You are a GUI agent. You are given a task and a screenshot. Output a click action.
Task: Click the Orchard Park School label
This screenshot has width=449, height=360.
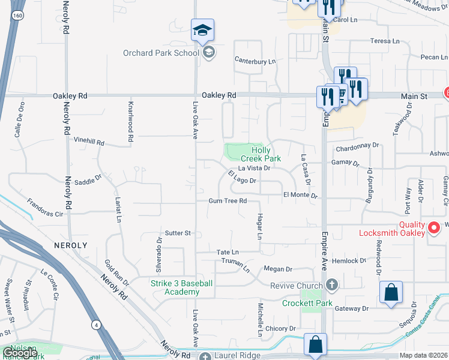(160, 53)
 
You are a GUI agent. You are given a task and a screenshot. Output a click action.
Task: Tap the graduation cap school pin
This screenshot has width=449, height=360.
(203, 30)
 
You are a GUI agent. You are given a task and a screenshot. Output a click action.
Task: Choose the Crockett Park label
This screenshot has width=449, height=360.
(307, 303)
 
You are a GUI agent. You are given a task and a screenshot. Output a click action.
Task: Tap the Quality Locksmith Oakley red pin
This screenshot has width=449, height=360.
(435, 228)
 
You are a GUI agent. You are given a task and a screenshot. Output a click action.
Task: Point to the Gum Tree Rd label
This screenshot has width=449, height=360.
(228, 201)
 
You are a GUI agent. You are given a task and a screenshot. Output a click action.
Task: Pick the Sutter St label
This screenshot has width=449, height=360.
(178, 233)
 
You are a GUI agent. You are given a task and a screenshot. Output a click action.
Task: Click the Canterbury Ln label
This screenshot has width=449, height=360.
(255, 61)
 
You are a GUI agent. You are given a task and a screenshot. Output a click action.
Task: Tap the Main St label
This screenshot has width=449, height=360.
(415, 96)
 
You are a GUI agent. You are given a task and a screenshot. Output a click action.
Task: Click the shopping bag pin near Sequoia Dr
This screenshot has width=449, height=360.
(391, 293)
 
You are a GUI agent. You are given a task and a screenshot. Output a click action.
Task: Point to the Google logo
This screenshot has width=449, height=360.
(19, 353)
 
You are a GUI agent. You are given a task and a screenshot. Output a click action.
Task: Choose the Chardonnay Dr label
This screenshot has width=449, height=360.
(358, 145)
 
